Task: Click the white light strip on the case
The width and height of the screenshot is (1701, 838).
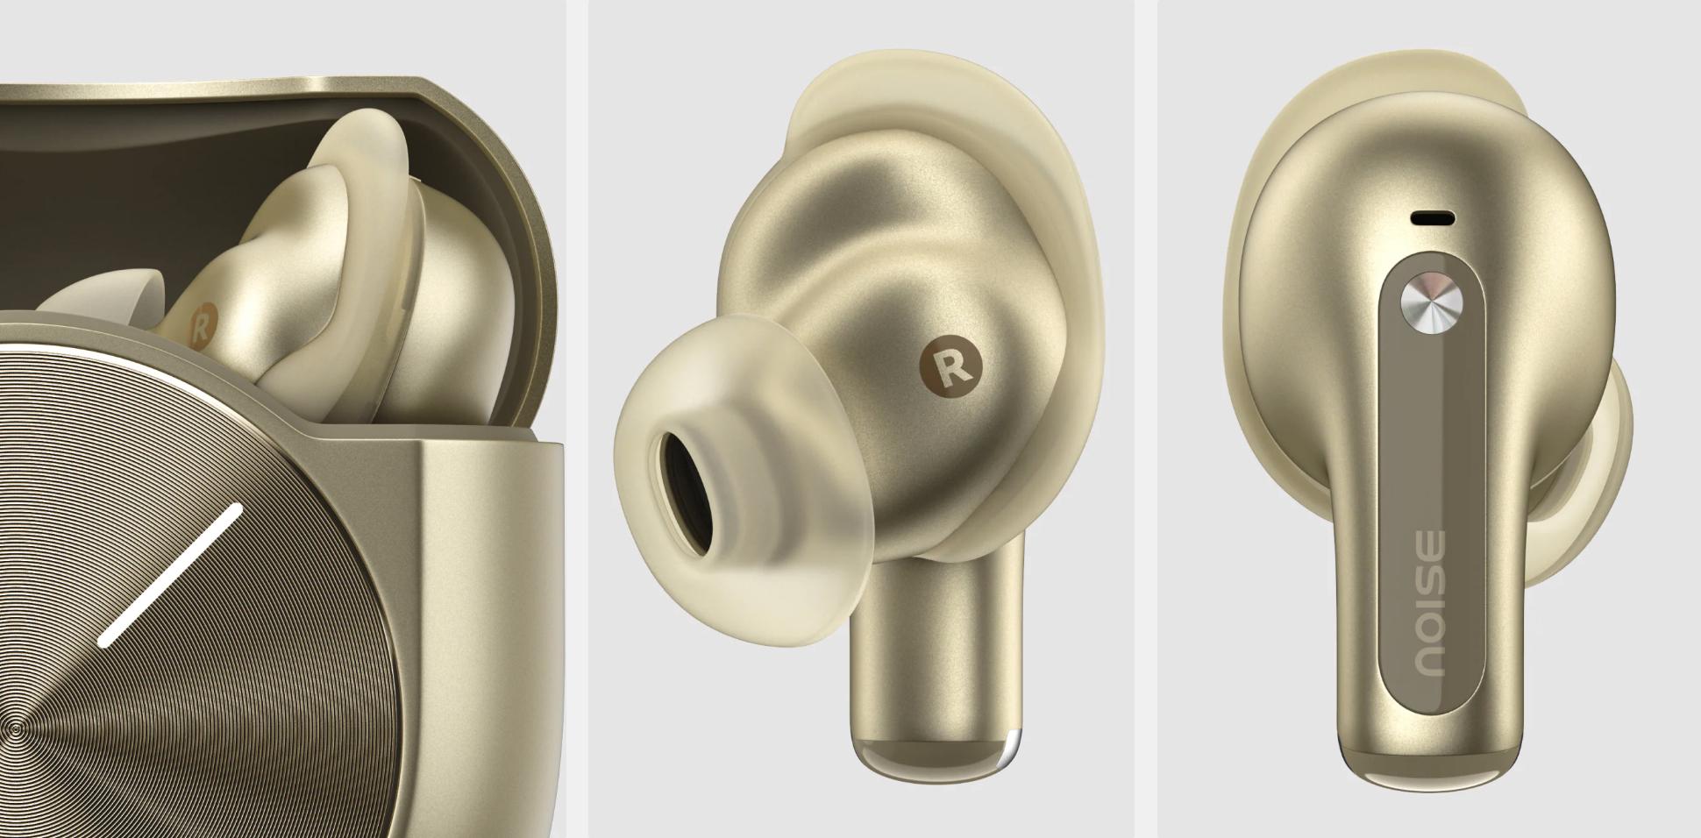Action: pyautogui.click(x=170, y=576)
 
